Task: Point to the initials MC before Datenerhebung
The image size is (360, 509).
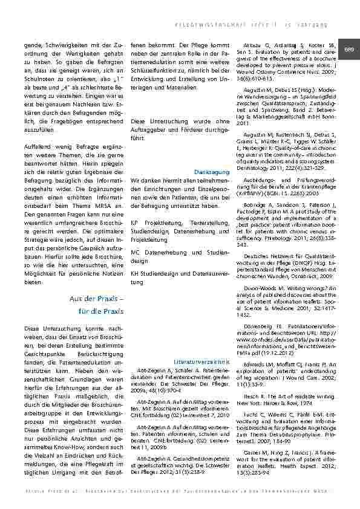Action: (134, 250)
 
